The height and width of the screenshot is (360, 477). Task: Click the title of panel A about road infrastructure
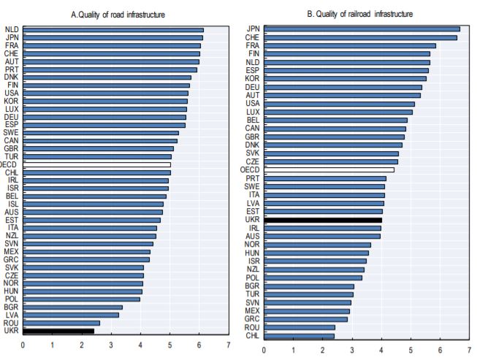click(x=118, y=14)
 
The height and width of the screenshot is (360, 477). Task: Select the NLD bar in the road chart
click(x=113, y=30)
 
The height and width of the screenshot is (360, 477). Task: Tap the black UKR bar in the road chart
click(x=58, y=331)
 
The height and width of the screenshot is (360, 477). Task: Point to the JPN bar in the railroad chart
click(x=362, y=29)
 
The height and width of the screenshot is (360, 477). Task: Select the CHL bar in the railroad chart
click(x=299, y=337)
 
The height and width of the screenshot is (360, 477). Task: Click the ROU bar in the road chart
click(x=61, y=323)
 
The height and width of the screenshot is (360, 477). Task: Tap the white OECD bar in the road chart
click(x=96, y=165)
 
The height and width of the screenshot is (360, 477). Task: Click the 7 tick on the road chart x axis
click(x=229, y=345)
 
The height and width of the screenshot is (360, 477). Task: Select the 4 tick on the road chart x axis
click(x=140, y=345)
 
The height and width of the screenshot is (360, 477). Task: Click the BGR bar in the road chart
click(x=72, y=307)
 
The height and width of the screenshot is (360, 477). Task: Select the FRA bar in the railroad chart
click(x=350, y=45)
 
